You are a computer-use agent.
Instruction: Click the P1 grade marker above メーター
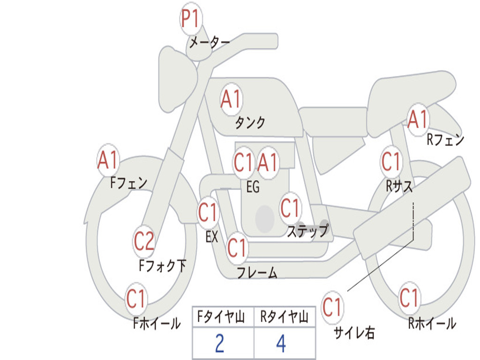[191, 18]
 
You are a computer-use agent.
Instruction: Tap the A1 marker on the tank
[231, 99]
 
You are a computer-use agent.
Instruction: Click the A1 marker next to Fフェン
[108, 160]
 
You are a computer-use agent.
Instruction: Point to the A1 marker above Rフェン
[418, 119]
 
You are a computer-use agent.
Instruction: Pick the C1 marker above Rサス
[391, 161]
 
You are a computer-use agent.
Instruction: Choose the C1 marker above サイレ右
[332, 307]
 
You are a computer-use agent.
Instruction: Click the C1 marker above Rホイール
[409, 298]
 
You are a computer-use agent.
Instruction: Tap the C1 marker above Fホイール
[135, 299]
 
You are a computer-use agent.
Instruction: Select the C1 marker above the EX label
[208, 212]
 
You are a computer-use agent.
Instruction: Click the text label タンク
[250, 122]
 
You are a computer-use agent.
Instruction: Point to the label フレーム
[257, 272]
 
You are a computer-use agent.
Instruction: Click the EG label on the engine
[253, 187]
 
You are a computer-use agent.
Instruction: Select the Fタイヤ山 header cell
[223, 317]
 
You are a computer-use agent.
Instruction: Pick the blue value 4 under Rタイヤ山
[281, 344]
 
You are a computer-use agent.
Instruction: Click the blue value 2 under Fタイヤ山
[220, 344]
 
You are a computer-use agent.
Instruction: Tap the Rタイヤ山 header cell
[285, 317]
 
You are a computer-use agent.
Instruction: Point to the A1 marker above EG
[268, 162]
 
